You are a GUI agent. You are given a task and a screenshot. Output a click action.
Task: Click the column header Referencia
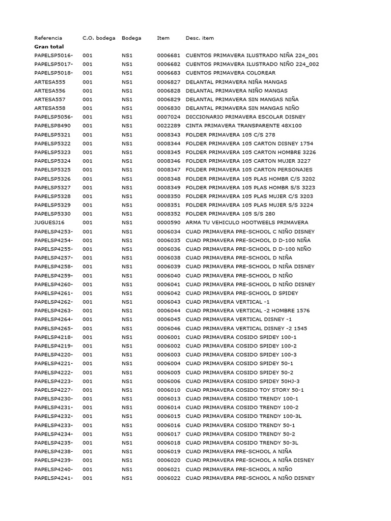(48, 38)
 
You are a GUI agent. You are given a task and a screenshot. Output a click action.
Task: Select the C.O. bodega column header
(99, 38)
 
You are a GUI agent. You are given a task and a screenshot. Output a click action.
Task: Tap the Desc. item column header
(200, 38)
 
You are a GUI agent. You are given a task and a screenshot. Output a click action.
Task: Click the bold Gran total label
(49, 46)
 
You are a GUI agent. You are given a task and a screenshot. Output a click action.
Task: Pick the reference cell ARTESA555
(50, 81)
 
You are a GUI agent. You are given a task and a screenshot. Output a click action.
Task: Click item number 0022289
(169, 125)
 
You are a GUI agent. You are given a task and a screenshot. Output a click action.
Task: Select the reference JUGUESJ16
(49, 222)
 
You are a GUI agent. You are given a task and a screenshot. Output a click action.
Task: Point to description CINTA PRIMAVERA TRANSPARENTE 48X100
(243, 125)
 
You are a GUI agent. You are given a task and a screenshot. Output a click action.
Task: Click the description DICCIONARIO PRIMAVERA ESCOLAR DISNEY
(245, 117)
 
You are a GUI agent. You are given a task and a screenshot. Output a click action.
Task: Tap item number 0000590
(169, 222)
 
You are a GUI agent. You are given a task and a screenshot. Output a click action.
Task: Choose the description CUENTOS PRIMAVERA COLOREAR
(231, 73)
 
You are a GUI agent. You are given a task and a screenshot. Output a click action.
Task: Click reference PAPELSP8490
(52, 125)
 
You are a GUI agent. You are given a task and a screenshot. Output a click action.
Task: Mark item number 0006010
(169, 390)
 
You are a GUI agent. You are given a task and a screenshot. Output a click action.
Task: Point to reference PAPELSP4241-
(53, 478)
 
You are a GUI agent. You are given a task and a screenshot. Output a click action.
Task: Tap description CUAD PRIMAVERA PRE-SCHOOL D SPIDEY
(242, 293)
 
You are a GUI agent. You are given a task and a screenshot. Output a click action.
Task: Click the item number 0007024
(169, 117)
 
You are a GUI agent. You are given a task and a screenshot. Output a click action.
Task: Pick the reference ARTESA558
(50, 108)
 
